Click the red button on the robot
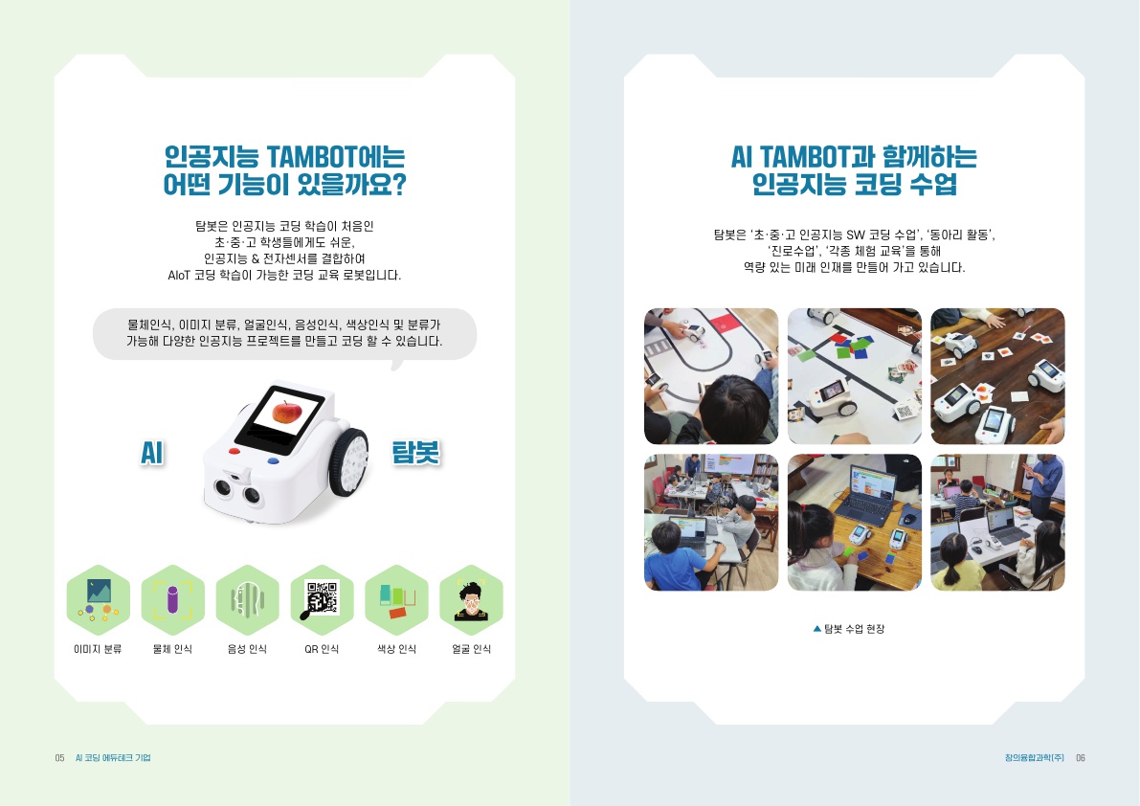tap(235, 450)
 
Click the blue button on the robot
tap(274, 459)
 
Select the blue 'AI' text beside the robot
tap(150, 454)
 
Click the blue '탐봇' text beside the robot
tap(415, 453)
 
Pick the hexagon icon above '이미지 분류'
tap(98, 600)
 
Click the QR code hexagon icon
tap(322, 600)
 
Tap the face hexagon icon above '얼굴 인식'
tap(471, 600)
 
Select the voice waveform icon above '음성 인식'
tap(247, 600)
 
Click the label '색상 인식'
tap(396, 650)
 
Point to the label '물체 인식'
tap(172, 650)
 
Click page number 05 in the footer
tap(59, 758)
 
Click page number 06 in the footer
tap(1080, 758)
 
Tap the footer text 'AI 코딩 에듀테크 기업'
tap(113, 758)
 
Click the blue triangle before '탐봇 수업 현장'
tap(816, 629)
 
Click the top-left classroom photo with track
tap(710, 376)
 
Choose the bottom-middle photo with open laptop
tap(854, 522)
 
